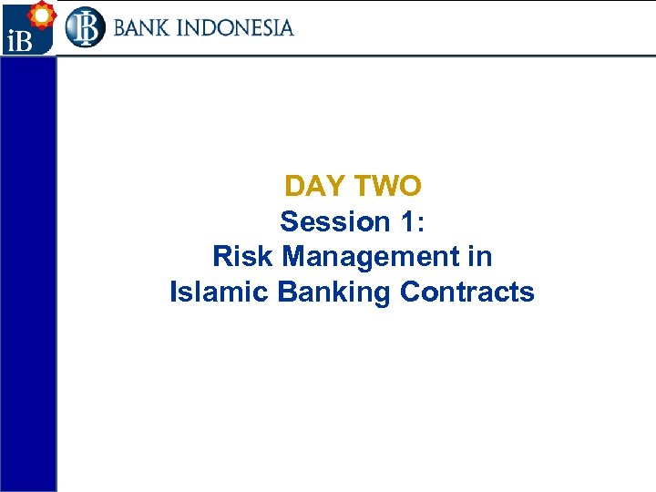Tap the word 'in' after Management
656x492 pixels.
click(x=480, y=257)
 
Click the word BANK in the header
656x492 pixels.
click(x=145, y=27)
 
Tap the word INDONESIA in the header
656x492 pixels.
click(x=239, y=27)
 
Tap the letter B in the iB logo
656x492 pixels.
click(x=22, y=42)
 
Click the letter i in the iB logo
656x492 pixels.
click(x=8, y=42)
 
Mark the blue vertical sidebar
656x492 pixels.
click(x=28, y=273)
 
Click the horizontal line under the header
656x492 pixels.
click(x=355, y=56)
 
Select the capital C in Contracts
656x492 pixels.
click(x=410, y=292)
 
